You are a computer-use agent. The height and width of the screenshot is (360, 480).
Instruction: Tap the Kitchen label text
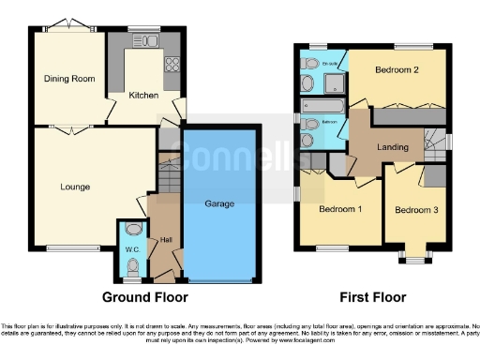pos(143,96)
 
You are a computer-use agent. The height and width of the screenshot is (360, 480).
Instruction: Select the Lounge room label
pos(76,187)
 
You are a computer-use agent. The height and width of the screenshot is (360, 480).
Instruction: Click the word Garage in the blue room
pos(219,203)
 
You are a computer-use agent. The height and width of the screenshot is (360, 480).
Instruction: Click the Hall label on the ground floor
pos(166,241)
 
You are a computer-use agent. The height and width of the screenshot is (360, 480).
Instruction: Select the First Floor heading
pos(371,297)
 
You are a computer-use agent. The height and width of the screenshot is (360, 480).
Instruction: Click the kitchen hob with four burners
pos(172,65)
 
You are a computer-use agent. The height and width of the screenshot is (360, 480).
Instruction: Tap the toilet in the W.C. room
pos(133,228)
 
